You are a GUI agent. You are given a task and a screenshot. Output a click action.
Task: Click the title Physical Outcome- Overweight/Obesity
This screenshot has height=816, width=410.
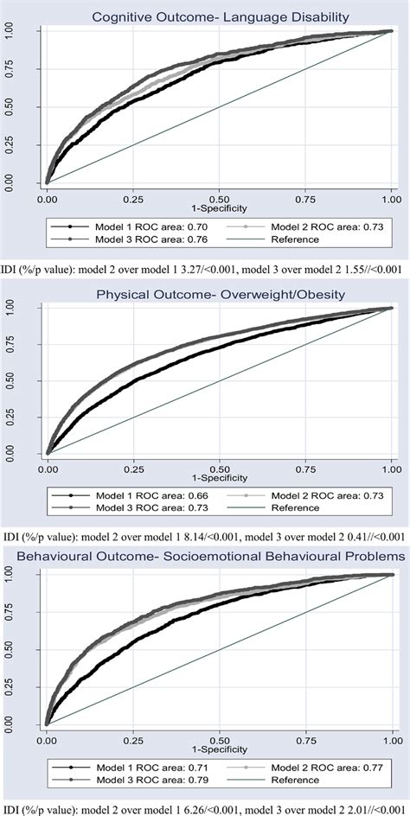pos(220,295)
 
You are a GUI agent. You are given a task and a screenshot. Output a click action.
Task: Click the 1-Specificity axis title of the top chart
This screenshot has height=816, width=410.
pos(220,207)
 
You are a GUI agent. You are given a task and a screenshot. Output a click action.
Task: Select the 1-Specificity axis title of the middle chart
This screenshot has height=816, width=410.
pos(220,478)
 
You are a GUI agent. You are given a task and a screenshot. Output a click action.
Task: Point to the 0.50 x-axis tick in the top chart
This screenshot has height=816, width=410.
pos(219,197)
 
